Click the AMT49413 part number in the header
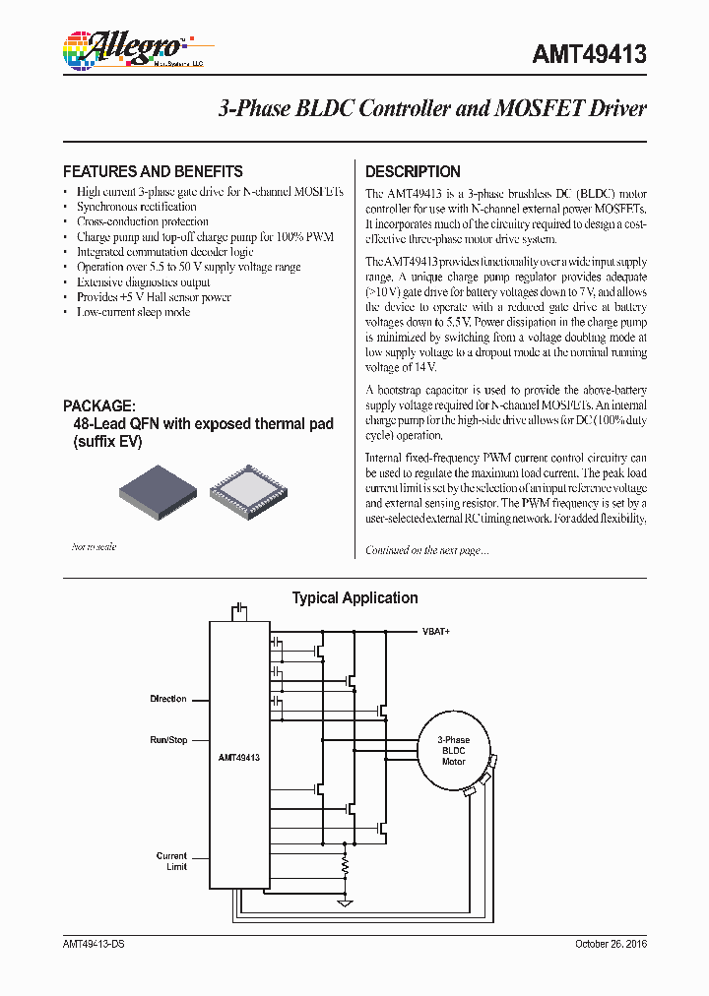pyautogui.click(x=589, y=54)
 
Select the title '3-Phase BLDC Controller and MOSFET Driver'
pyautogui.click(x=431, y=109)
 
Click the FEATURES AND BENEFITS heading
pyautogui.click(x=153, y=171)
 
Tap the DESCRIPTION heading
pyautogui.click(x=413, y=171)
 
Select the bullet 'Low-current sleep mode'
pyautogui.click(x=133, y=312)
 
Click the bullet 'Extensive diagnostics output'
pyautogui.click(x=144, y=282)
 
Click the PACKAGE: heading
pyautogui.click(x=98, y=405)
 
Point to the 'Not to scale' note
pyautogui.click(x=94, y=546)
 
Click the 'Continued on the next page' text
pyautogui.click(x=426, y=550)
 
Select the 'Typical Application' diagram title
pyautogui.click(x=354, y=598)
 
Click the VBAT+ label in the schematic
pyautogui.click(x=435, y=631)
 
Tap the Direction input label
pyautogui.click(x=167, y=699)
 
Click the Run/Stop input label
pyautogui.click(x=167, y=739)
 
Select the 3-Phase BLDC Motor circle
pyautogui.click(x=453, y=750)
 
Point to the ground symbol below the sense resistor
pyautogui.click(x=345, y=901)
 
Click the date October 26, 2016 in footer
pyautogui.click(x=611, y=944)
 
